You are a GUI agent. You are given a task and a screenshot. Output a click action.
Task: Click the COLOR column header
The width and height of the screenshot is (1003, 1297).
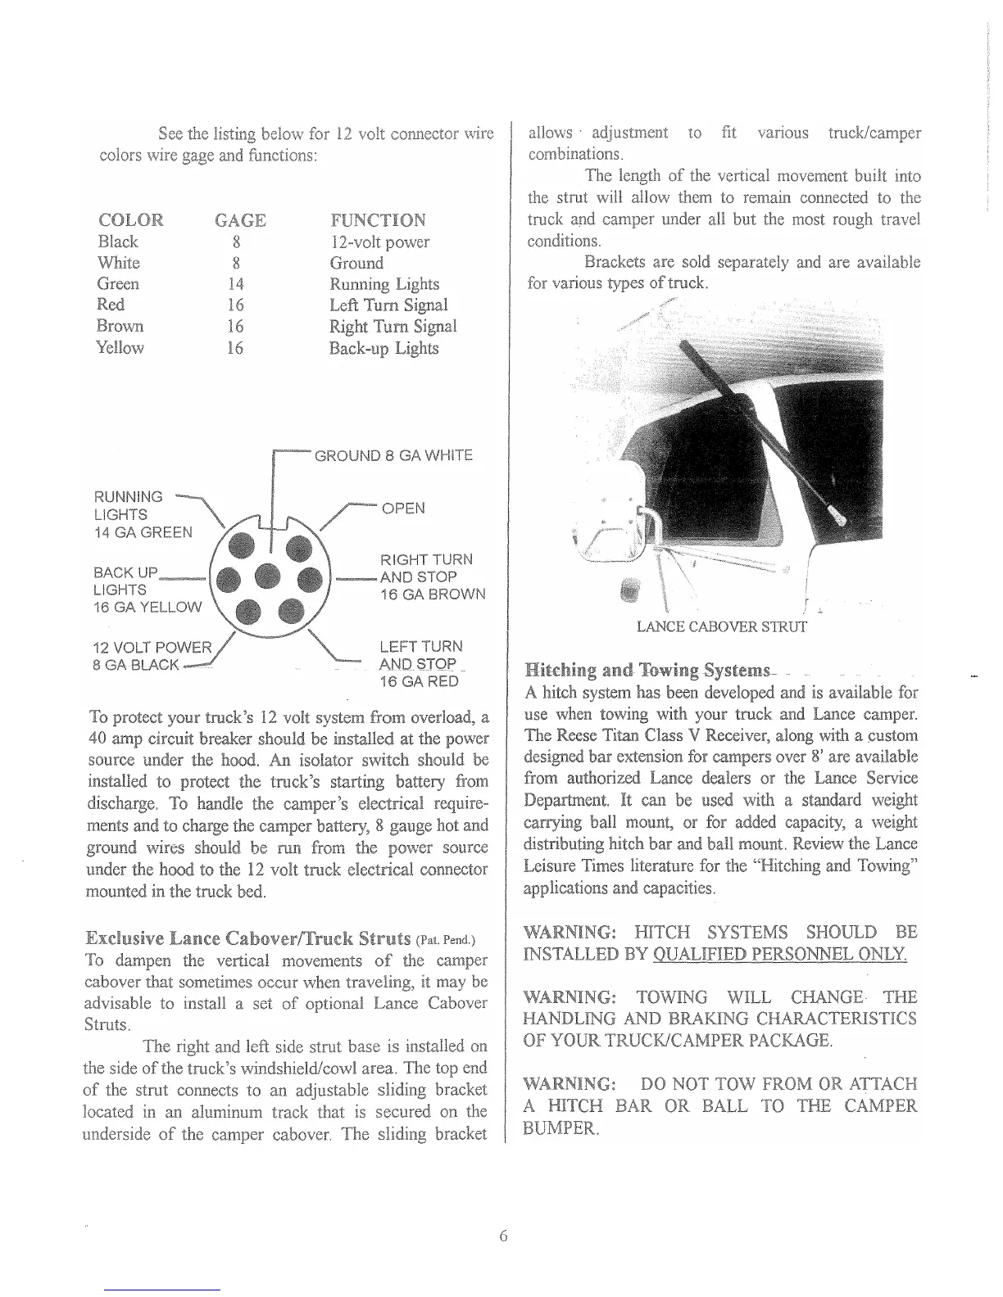[130, 220]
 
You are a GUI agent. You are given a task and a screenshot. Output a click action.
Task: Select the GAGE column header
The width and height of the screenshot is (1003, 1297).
[239, 220]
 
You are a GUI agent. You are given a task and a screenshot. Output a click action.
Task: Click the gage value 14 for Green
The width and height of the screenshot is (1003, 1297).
[235, 284]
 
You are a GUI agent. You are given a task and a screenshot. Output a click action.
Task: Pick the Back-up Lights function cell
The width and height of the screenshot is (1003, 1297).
[383, 348]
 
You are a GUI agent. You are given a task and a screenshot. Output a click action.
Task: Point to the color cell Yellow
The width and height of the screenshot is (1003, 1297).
[120, 348]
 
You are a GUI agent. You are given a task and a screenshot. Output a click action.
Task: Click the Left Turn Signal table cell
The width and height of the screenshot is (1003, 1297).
[388, 305]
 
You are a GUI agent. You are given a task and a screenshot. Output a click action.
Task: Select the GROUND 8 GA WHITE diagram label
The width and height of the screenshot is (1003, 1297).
[393, 455]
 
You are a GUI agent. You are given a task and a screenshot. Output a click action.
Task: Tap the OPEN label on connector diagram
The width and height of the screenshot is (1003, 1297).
[403, 508]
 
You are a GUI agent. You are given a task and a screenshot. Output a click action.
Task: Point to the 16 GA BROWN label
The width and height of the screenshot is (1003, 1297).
[432, 594]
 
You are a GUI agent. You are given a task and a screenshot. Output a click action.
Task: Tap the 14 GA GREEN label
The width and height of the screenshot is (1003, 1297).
[143, 532]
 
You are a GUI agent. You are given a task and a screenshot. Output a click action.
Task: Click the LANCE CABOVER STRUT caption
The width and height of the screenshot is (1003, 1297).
[721, 628]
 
